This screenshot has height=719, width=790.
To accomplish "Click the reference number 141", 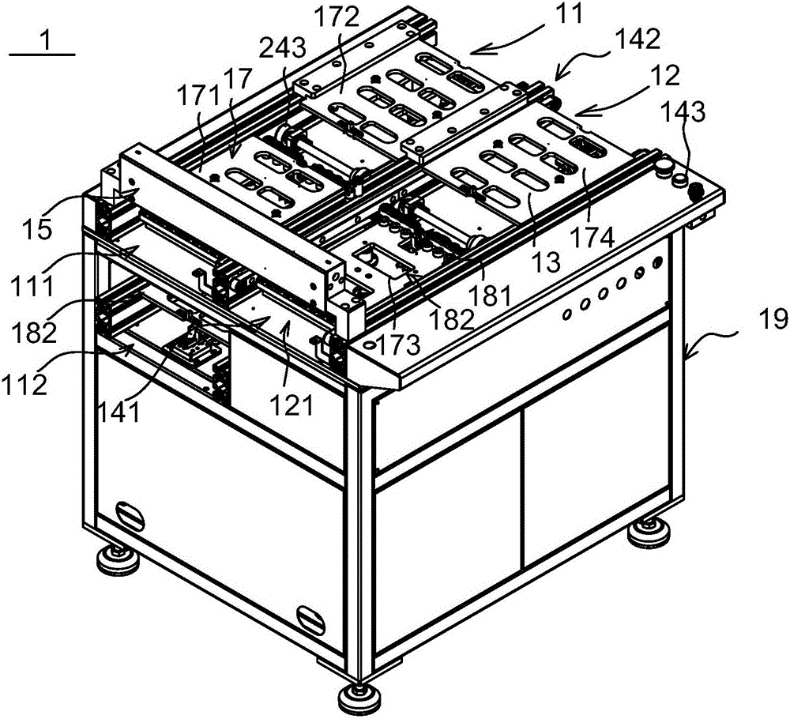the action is pyautogui.click(x=120, y=412).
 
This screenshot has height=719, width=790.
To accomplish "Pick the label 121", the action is pyautogui.click(x=292, y=405).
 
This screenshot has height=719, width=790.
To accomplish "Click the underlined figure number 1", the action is pyautogui.click(x=45, y=40).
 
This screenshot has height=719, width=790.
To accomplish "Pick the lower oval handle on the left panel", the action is pyautogui.click(x=310, y=619).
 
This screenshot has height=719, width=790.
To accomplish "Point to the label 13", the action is pyautogui.click(x=547, y=262).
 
